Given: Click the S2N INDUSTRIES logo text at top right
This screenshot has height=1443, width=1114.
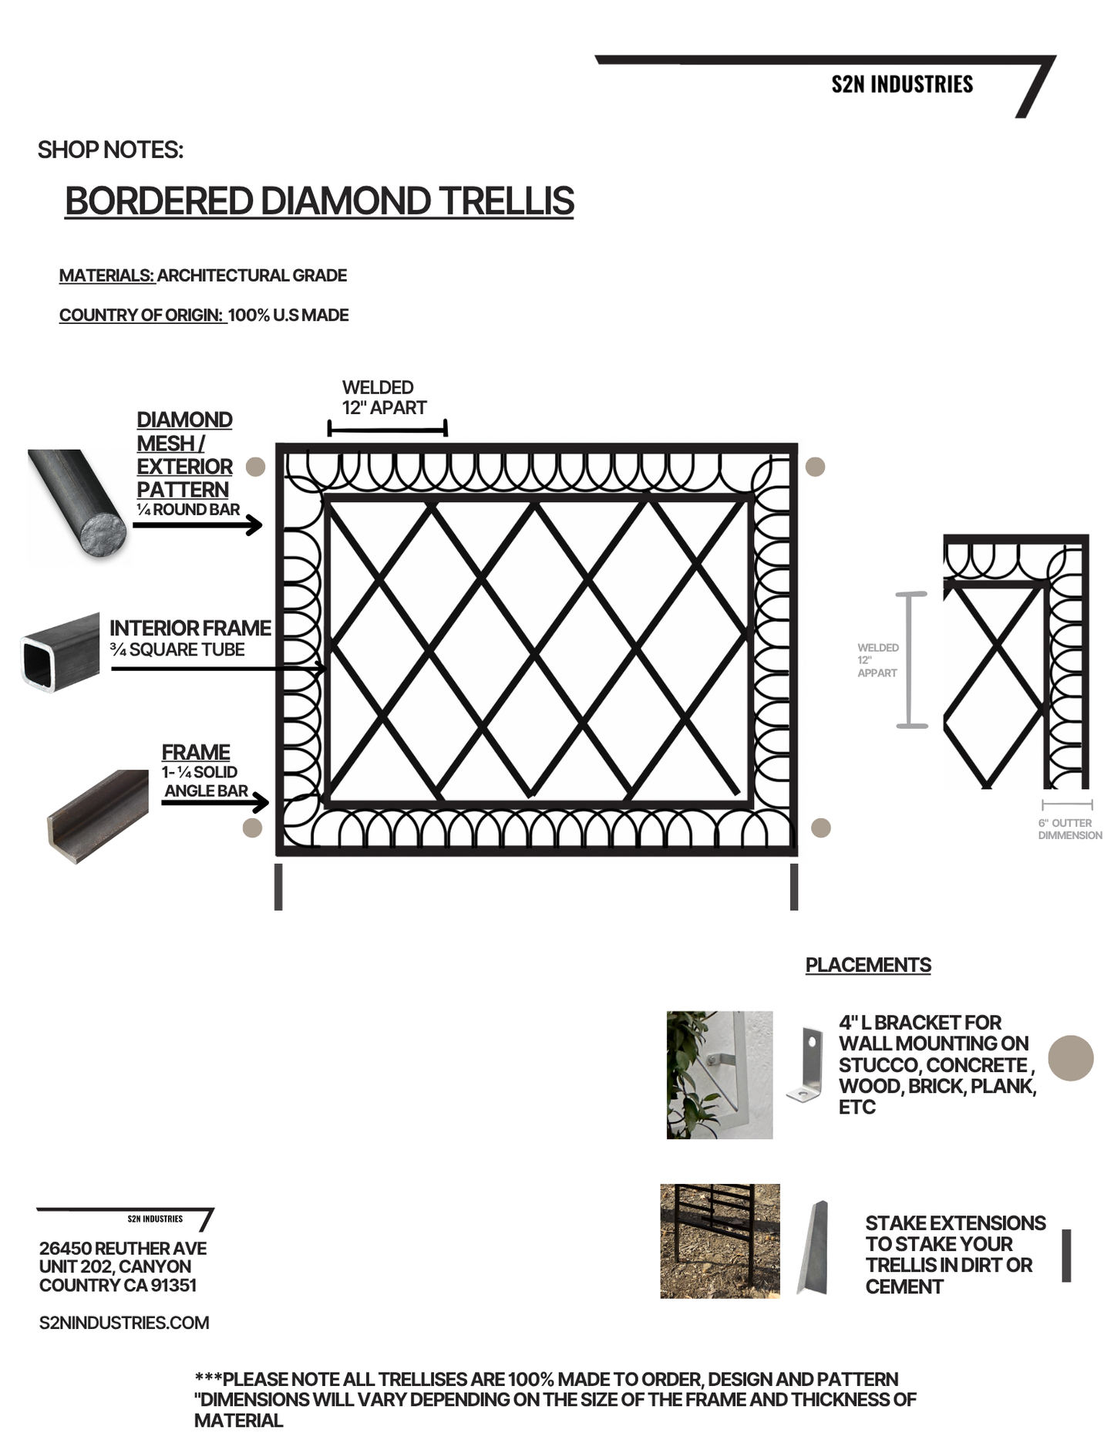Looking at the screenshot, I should tap(901, 84).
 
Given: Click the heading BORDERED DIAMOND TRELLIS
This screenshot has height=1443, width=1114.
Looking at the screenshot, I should tap(319, 201).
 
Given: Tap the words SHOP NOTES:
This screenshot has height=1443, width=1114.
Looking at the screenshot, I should tap(110, 150).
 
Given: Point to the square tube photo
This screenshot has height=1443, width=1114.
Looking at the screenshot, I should tap(60, 652).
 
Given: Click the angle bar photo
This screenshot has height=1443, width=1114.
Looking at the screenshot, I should tap(98, 816).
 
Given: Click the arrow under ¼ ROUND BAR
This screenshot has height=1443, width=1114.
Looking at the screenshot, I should tap(197, 525).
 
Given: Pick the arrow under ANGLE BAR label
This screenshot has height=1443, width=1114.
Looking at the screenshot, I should tap(214, 803).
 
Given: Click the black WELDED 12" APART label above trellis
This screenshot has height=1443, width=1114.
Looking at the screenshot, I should tap(383, 397).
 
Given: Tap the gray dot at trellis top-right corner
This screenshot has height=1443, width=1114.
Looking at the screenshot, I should tap(815, 467).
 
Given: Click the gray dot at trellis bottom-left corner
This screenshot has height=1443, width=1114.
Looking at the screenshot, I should tap(252, 828).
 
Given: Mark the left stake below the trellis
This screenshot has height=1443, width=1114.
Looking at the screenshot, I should tap(278, 887).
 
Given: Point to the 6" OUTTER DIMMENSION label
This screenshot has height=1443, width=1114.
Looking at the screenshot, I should tap(1069, 829).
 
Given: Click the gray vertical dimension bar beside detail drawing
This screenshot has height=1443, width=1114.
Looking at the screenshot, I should tap(911, 659).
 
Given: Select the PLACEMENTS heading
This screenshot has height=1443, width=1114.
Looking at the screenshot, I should tap(868, 965).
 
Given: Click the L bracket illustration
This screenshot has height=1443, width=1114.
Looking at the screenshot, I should tap(806, 1064).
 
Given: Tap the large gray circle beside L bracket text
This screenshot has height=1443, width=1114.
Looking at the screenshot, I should tap(1071, 1058).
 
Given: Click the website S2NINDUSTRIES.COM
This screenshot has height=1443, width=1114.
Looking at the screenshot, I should tap(124, 1323).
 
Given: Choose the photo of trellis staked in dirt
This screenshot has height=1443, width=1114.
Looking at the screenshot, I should tap(719, 1241).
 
